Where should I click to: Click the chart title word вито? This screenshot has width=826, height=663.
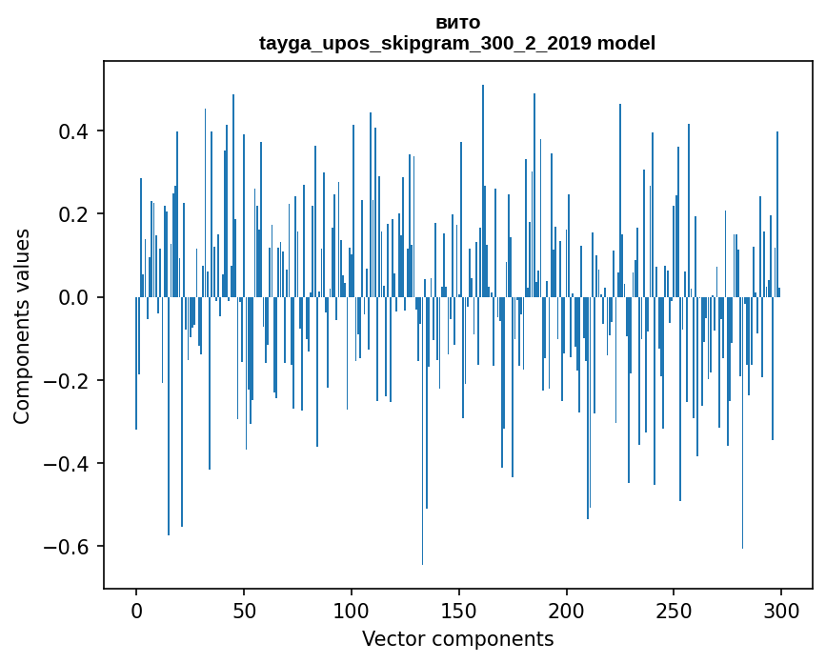[457, 23]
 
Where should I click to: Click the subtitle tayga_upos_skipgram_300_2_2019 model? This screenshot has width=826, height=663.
[457, 44]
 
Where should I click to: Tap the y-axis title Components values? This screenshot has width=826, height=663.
[22, 326]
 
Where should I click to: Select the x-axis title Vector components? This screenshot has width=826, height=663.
[457, 638]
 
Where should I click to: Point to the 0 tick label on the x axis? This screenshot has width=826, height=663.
[136, 610]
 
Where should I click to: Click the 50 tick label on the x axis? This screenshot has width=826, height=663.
[244, 610]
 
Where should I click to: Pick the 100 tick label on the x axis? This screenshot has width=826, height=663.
[352, 610]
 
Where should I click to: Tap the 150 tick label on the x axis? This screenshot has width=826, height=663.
[459, 610]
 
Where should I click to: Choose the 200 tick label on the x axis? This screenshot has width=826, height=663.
[567, 610]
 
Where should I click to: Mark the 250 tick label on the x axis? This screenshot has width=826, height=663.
[675, 610]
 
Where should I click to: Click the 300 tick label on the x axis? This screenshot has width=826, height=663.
[782, 610]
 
